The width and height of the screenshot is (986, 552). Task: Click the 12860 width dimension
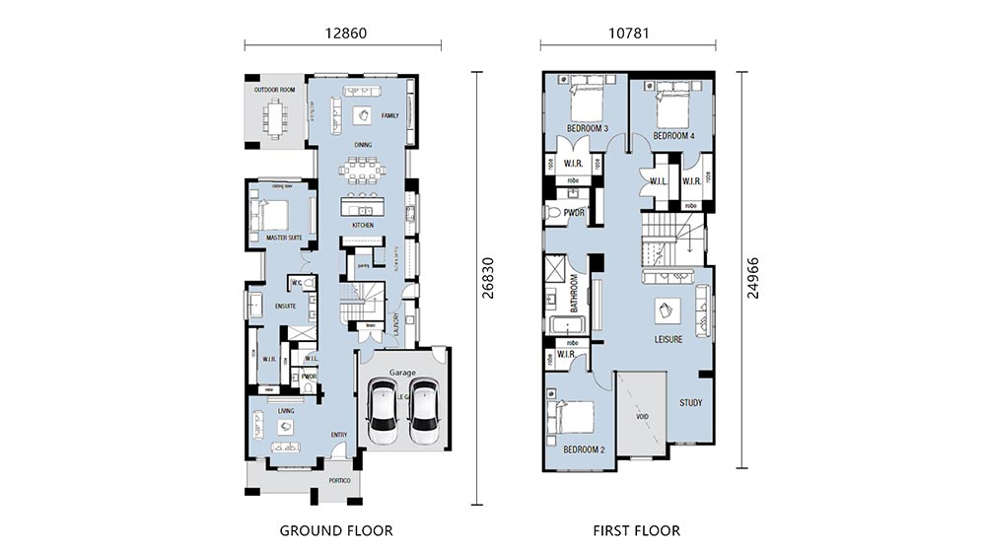click(342, 32)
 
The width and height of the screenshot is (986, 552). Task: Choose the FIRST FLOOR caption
click(636, 530)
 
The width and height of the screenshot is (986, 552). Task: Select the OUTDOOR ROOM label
click(274, 90)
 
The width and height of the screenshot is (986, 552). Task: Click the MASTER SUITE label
click(283, 238)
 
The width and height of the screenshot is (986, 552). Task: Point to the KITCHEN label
click(363, 226)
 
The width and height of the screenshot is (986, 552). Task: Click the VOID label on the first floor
click(642, 417)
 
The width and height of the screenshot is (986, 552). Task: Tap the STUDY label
click(691, 403)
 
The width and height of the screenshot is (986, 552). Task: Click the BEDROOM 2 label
click(583, 449)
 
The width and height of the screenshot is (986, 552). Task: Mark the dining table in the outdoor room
click(272, 117)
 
